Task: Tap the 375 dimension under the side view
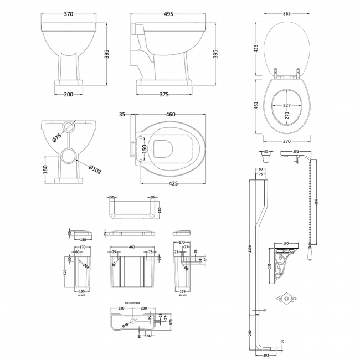point(164,94)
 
